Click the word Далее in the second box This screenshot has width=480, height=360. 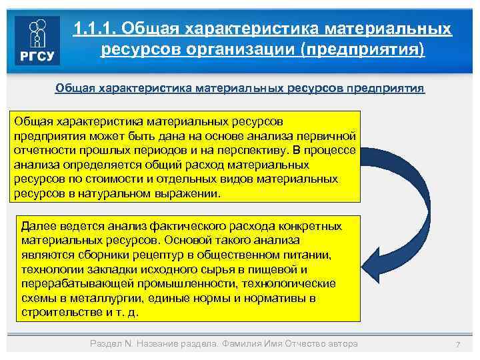pos(37,225)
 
